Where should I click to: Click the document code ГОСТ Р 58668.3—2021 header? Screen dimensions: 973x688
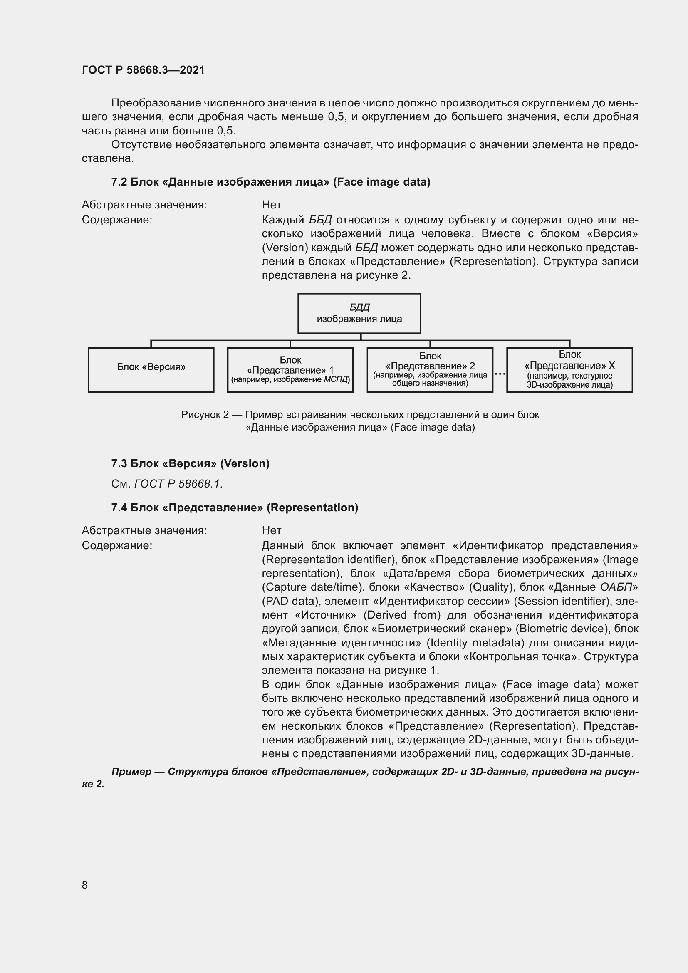coord(143,70)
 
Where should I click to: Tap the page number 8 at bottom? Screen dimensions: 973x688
coord(85,885)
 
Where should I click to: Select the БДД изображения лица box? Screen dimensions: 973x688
coord(359,313)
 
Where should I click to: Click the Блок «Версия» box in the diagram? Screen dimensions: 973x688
coord(151,369)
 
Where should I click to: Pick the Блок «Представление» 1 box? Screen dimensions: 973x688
coord(290,369)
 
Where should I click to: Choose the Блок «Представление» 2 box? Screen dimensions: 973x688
coord(430,369)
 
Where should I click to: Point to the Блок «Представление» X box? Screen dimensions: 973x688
coord(569,369)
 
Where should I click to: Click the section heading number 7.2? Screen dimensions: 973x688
coord(119,182)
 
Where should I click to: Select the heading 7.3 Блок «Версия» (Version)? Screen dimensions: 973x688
coord(190,463)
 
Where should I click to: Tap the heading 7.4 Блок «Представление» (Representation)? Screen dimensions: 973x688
coord(235,507)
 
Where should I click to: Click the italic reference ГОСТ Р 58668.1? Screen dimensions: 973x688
coord(178,483)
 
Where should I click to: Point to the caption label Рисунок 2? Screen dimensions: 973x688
coord(205,414)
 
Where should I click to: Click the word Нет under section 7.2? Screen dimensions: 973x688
coord(272,205)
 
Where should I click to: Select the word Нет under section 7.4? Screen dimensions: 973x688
coord(272,530)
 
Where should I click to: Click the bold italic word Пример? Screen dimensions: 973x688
coord(131,771)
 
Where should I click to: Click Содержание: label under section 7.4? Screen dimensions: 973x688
coord(117,545)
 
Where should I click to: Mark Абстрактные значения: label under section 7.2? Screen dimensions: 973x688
coord(144,205)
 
